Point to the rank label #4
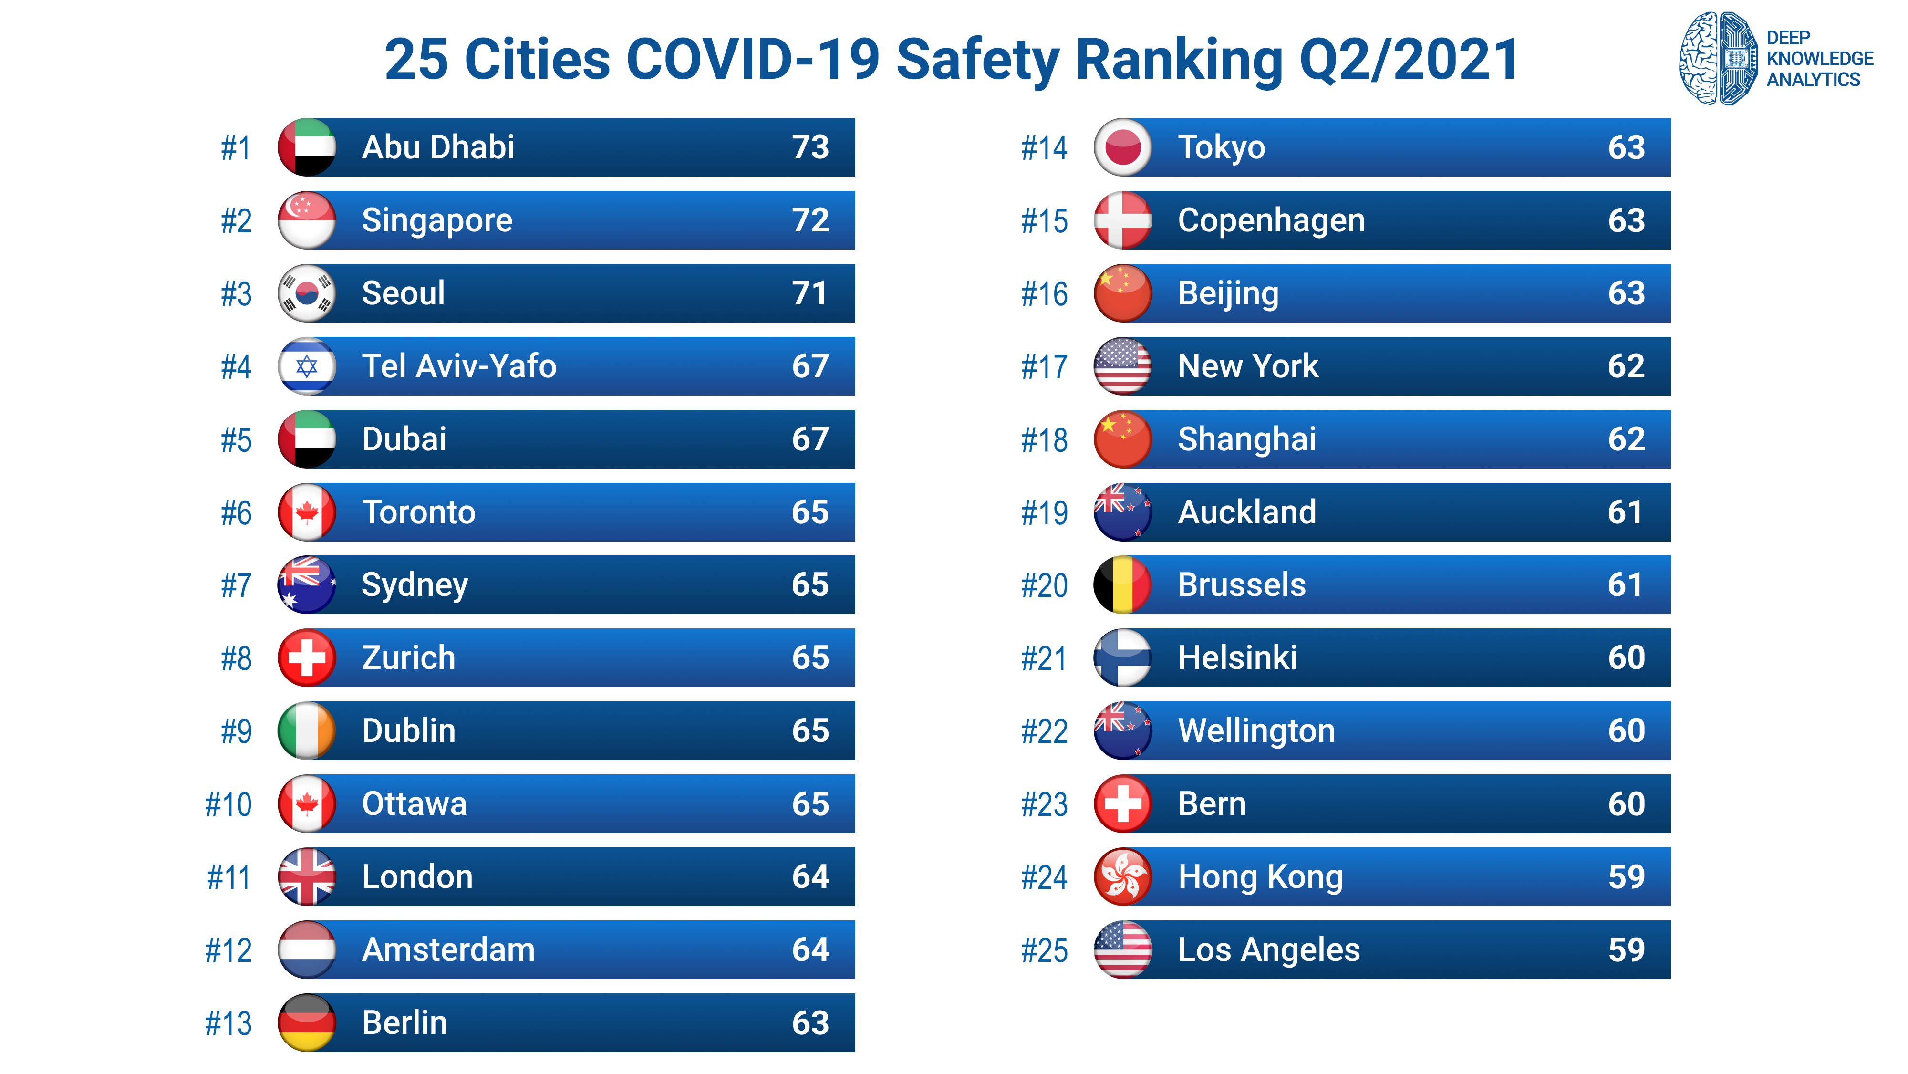[x=236, y=366]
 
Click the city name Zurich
[x=408, y=658]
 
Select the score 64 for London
[x=810, y=877]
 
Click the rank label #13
[x=228, y=1023]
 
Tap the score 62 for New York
[x=1626, y=366]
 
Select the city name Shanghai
[x=1246, y=439]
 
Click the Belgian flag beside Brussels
[x=1122, y=585]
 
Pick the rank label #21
[x=1044, y=658]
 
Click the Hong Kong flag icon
[x=1122, y=877]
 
